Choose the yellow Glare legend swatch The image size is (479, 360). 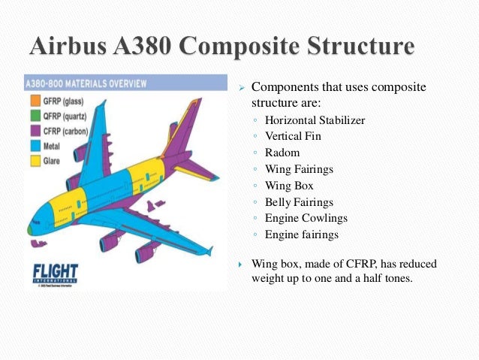pos(34,159)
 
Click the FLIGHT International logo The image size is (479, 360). pos(55,274)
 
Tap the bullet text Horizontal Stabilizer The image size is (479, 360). pos(315,119)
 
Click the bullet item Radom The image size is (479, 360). pos(282,153)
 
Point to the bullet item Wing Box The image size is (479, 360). pos(289,186)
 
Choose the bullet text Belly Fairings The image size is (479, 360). pos(299,202)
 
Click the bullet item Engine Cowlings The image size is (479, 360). pos(306,219)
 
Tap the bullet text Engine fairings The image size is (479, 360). pos(302,235)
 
